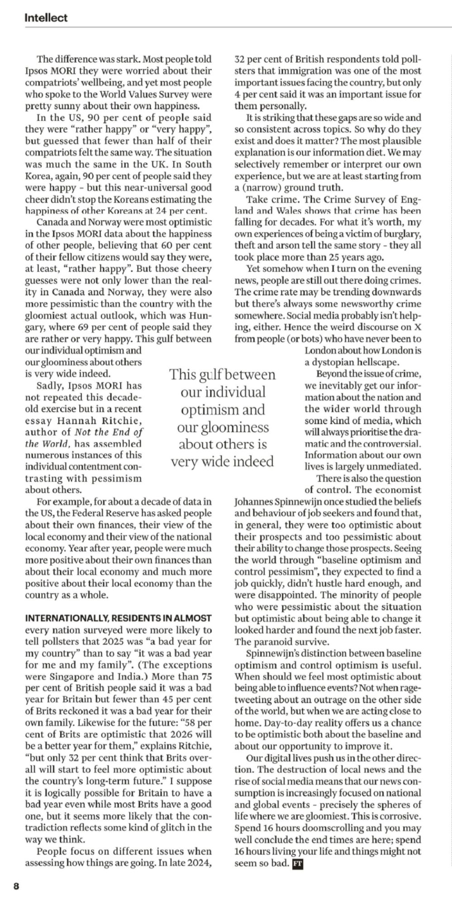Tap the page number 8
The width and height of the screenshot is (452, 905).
point(16,886)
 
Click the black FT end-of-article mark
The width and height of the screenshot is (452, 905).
point(298,863)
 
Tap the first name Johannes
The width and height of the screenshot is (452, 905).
point(255,501)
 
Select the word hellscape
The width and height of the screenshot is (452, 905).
point(378,362)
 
